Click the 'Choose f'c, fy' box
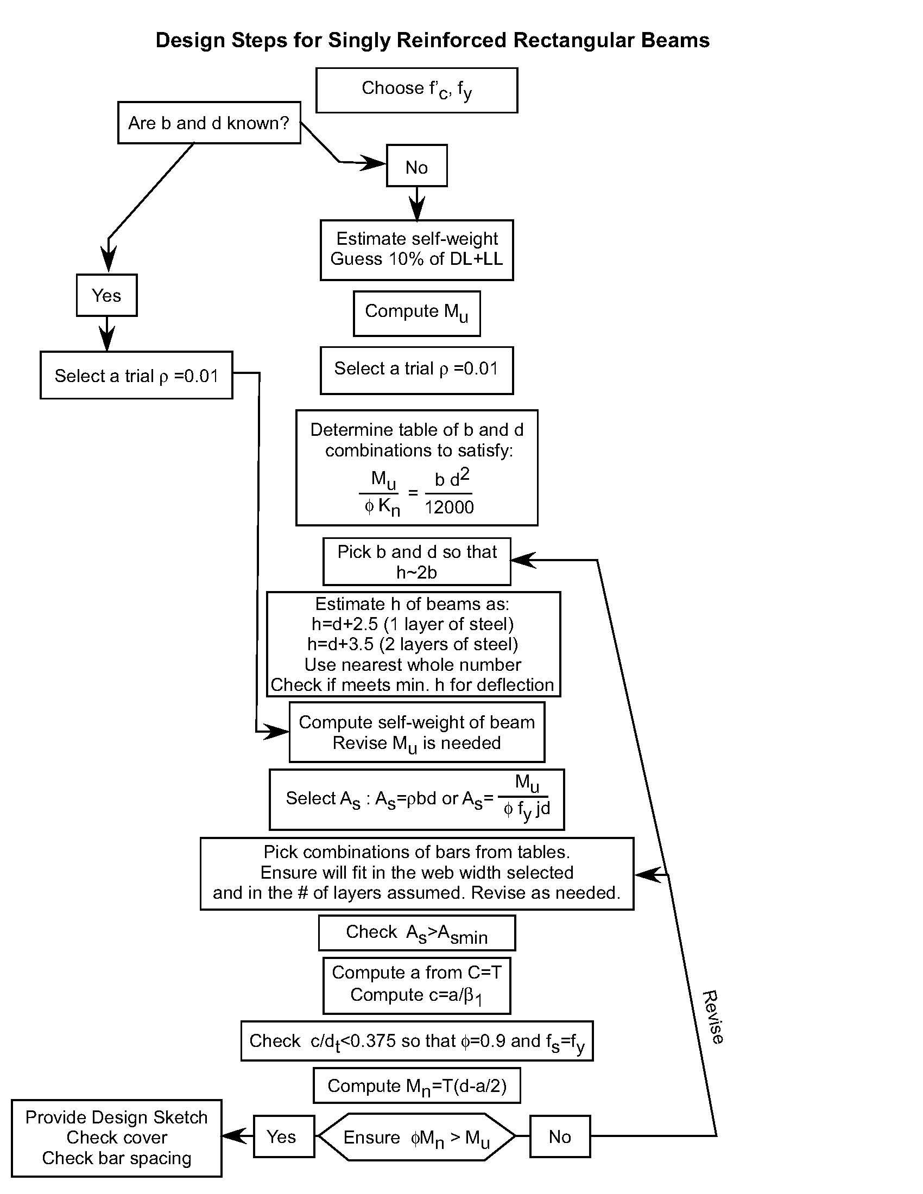(x=416, y=90)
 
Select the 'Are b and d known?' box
(x=209, y=123)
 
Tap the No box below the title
(x=416, y=166)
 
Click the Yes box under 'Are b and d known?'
(x=106, y=295)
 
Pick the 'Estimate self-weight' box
(x=416, y=250)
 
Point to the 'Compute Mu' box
(x=416, y=313)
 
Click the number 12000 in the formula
(x=449, y=507)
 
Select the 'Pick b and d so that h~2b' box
(x=416, y=562)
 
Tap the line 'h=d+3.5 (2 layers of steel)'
(x=413, y=644)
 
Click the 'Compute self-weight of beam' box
(x=416, y=732)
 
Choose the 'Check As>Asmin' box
(x=416, y=933)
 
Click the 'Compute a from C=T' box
(x=416, y=985)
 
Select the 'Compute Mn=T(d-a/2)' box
(x=416, y=1086)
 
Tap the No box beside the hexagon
(x=560, y=1137)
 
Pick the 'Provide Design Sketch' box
(x=117, y=1138)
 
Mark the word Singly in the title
(x=359, y=41)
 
